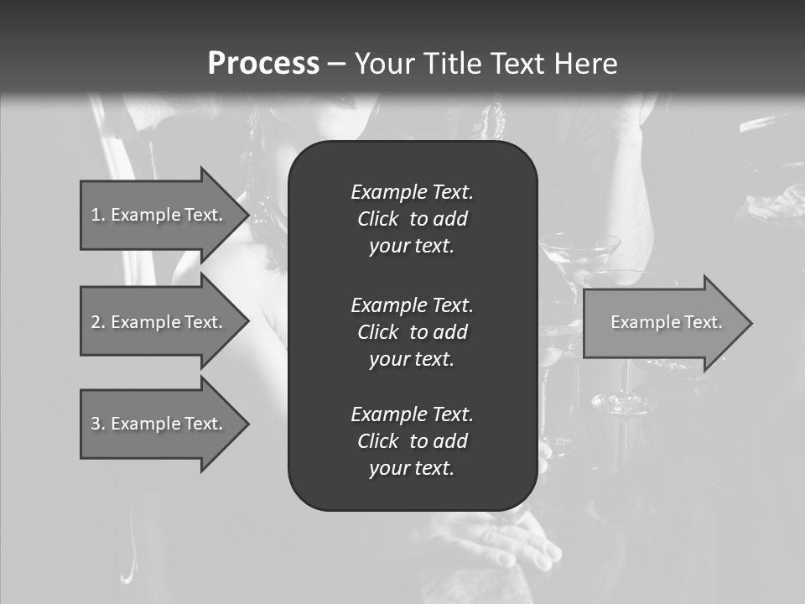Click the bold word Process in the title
(x=263, y=64)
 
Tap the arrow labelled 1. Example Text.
(x=159, y=215)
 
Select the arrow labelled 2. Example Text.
(x=159, y=322)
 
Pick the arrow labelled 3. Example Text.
(x=159, y=424)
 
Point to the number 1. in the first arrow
(x=98, y=215)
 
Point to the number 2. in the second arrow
(x=98, y=322)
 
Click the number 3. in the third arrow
(x=98, y=424)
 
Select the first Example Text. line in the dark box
(x=412, y=192)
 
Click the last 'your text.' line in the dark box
(x=412, y=469)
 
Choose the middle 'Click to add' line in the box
(x=412, y=332)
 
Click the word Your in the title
(x=387, y=64)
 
